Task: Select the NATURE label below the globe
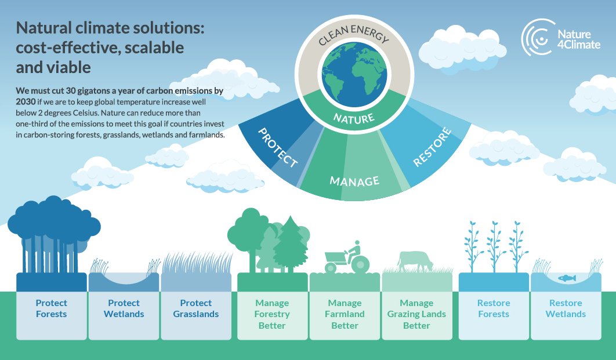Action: click(353, 118)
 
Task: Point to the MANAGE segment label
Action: click(354, 180)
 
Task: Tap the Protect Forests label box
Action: click(51, 308)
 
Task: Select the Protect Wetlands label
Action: click(124, 308)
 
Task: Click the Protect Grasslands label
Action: click(196, 308)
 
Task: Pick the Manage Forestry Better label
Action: click(272, 314)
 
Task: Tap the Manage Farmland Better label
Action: click(345, 314)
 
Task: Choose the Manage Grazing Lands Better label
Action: click(416, 314)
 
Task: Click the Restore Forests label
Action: click(494, 308)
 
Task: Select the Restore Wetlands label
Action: click(566, 308)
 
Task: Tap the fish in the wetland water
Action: click(566, 278)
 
